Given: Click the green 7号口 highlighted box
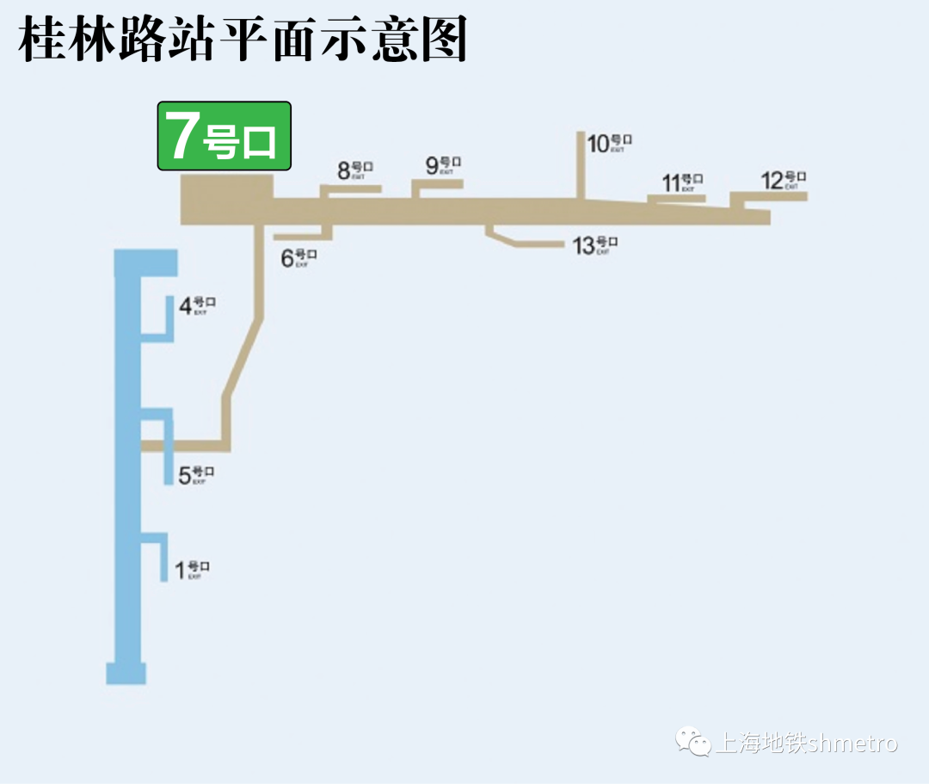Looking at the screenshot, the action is coord(224,136).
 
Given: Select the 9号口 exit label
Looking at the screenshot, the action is coord(443,164).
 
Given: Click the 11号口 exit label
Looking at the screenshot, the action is coord(682,182).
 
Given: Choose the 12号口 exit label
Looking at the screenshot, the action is coord(783,181).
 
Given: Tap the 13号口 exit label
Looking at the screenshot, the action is coord(594,245).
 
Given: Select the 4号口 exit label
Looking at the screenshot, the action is coord(196,306).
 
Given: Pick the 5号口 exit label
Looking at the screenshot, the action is coord(195,475).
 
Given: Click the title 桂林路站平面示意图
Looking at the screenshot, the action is coord(243,40).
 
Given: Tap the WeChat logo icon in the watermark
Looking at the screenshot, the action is coord(692,741).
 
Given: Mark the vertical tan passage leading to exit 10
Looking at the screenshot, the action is coord(580,165).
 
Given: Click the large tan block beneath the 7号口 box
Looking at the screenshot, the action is coord(226,200).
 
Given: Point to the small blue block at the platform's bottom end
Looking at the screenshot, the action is coord(126,673).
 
